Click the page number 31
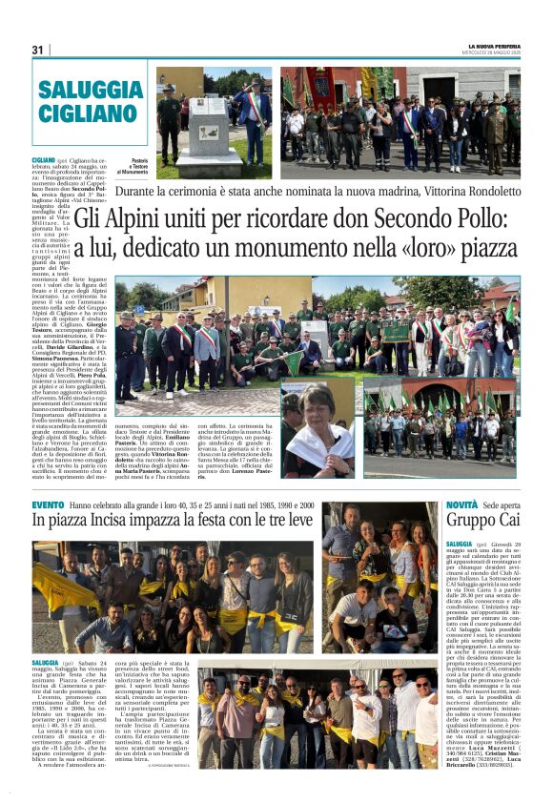coord(37,50)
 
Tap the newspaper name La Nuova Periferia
coord(493,45)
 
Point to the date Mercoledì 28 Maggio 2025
coord(494,52)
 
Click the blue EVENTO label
coord(48,504)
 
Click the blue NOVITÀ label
coord(462,504)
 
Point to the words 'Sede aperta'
coord(502,504)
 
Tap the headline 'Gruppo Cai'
coord(483,521)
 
